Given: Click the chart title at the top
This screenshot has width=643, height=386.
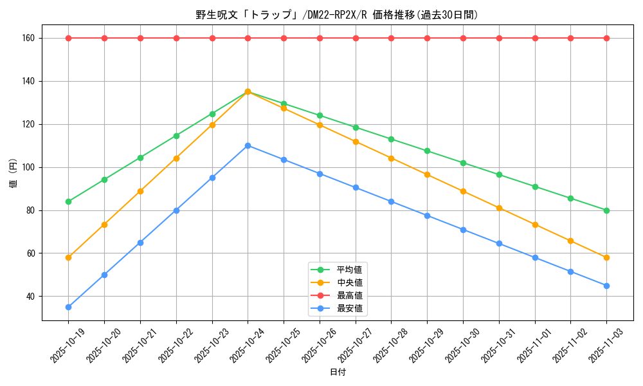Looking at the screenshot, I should (x=337, y=14).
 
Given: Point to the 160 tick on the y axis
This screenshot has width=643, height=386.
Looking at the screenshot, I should (x=28, y=38).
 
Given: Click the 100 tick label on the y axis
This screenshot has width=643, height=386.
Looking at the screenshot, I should (x=28, y=167).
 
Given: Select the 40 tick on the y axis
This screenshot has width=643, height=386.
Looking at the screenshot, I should (x=30, y=297).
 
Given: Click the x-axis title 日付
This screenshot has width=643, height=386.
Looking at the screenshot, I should (x=337, y=372).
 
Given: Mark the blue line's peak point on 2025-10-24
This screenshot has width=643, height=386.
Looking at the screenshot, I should (x=248, y=145).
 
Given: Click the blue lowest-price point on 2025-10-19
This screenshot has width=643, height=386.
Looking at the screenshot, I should (x=68, y=307).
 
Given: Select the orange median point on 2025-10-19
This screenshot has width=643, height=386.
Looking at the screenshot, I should (x=68, y=257).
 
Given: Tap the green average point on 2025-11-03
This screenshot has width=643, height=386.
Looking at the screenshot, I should (x=606, y=210).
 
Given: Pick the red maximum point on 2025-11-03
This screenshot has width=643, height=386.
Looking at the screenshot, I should (x=606, y=38).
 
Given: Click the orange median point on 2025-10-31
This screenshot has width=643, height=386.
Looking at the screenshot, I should (x=499, y=208).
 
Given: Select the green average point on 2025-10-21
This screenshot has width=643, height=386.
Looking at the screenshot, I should (x=140, y=158).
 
